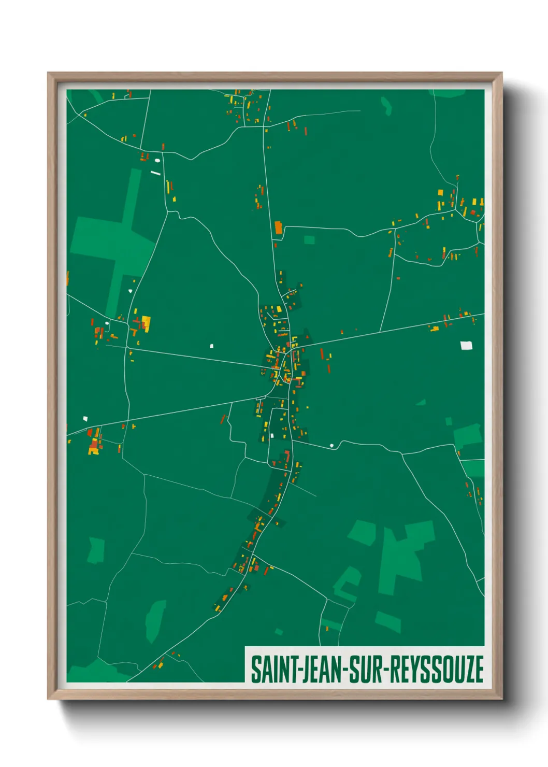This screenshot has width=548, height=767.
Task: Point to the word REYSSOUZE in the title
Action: point(436,670)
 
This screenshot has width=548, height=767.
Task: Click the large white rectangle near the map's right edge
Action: point(466,345)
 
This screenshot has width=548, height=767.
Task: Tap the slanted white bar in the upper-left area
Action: point(155,173)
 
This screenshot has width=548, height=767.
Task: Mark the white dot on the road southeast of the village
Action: point(331,445)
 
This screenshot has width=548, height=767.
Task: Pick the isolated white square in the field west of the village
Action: point(211,346)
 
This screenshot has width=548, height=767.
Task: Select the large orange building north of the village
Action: point(278,228)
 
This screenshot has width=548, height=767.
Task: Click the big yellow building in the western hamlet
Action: point(146,323)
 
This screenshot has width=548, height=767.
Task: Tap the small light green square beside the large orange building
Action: point(309,240)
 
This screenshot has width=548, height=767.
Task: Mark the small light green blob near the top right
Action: point(386,105)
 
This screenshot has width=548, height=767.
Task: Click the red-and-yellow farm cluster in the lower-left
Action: point(94,442)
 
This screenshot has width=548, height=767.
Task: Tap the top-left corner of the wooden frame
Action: point(49,74)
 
